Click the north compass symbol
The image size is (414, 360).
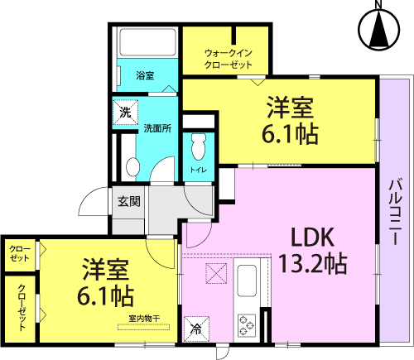pos(379,26)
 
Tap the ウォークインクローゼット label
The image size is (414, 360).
pos(228,59)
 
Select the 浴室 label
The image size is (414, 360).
pos(145,75)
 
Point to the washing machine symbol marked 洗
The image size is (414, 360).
pos(125,113)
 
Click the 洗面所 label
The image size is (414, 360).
pos(157,128)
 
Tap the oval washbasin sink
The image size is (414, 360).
pos(132,166)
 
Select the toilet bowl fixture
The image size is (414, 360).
pos(199,146)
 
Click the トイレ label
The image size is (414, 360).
pos(199,170)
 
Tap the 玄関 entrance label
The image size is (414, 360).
pos(129,202)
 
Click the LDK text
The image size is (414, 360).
pos(313,238)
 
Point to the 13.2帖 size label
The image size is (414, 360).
pos(313,263)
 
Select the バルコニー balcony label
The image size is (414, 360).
pos(395,212)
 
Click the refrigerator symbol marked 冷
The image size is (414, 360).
pos(196,329)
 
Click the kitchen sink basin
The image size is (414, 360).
pos(247,281)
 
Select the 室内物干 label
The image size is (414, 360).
pos(144,319)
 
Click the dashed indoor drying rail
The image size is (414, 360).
pos(143,327)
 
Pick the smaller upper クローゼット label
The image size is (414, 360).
pos(19,253)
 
